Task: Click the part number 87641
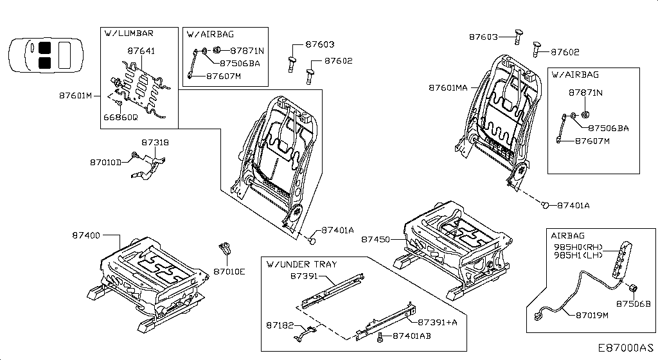(x=141, y=51)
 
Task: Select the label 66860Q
(x=120, y=117)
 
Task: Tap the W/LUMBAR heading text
(x=129, y=33)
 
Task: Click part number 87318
(x=155, y=142)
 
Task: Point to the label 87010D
(x=105, y=162)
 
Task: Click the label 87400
(x=86, y=235)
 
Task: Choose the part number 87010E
(x=229, y=271)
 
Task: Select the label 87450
(x=375, y=239)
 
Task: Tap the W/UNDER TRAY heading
(x=302, y=264)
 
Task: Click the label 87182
(x=280, y=325)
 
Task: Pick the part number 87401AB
(x=412, y=336)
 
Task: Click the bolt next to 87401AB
(x=380, y=337)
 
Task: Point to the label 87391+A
(x=438, y=322)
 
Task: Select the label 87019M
(x=592, y=315)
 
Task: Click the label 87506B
(x=633, y=303)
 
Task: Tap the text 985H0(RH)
(x=578, y=248)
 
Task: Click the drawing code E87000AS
(x=626, y=348)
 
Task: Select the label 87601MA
(x=448, y=87)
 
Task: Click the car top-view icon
(x=46, y=55)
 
